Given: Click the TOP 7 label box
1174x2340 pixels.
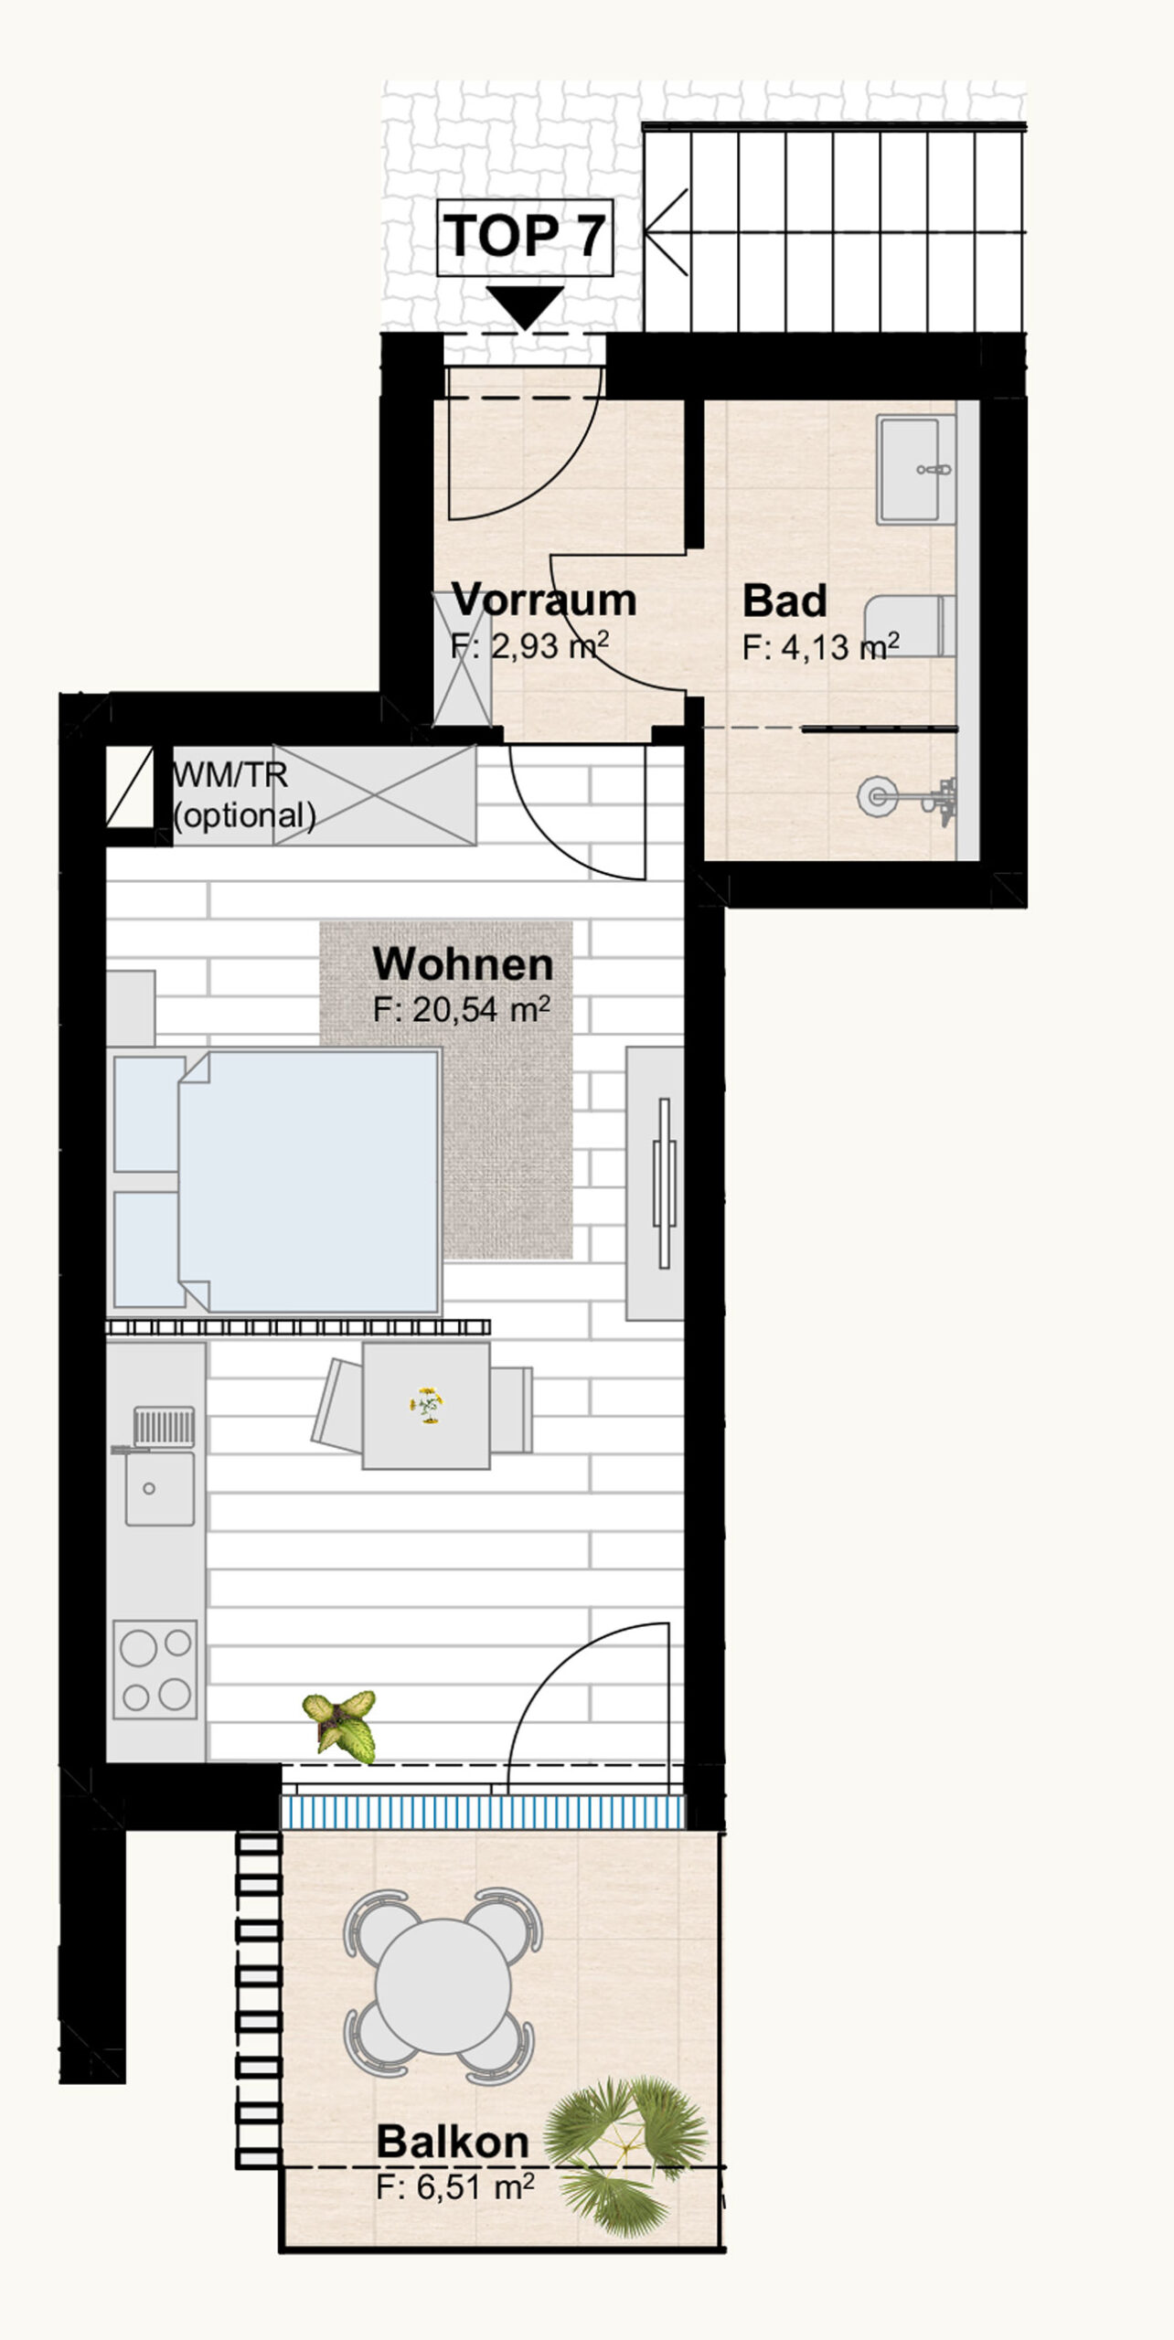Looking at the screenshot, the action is pyautogui.click(x=525, y=237).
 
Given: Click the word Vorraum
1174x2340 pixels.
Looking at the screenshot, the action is pyautogui.click(x=544, y=600).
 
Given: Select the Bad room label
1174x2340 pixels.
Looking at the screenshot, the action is pyautogui.click(x=784, y=601).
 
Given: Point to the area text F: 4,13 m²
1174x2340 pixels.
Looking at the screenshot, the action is pyautogui.click(x=820, y=646).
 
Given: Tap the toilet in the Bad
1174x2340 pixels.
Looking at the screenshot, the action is pyautogui.click(x=910, y=625).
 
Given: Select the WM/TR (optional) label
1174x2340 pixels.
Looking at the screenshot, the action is pyautogui.click(x=244, y=795).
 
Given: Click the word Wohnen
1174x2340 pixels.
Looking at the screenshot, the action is pyautogui.click(x=463, y=964).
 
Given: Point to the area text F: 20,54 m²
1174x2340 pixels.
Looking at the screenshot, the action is pyautogui.click(x=462, y=1009).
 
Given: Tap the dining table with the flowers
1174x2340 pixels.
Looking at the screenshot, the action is pyautogui.click(x=426, y=1406).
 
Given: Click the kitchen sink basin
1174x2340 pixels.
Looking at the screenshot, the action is pyautogui.click(x=160, y=1489).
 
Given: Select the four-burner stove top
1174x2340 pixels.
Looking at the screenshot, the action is pyautogui.click(x=155, y=1669).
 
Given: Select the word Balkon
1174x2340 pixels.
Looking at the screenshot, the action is pyautogui.click(x=453, y=2141).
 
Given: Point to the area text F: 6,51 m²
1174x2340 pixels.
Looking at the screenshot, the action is pyautogui.click(x=455, y=2187).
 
